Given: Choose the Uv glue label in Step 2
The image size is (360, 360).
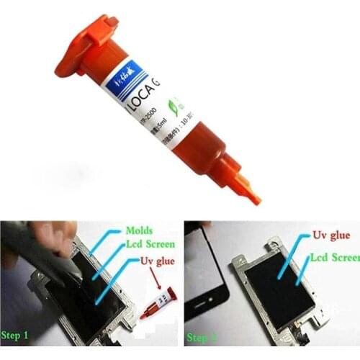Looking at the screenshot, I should [330, 235].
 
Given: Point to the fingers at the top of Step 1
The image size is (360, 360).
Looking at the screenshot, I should [54, 238].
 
